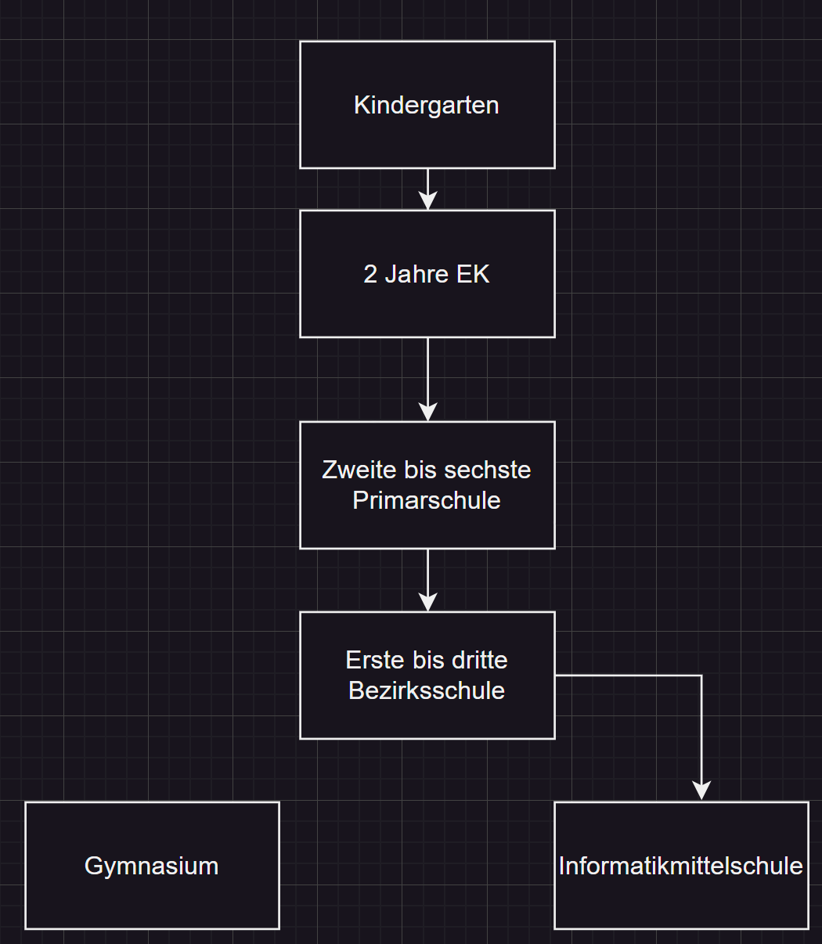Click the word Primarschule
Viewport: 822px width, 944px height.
(x=427, y=500)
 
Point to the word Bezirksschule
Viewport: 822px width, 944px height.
(x=427, y=690)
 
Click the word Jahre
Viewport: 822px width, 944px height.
(x=416, y=274)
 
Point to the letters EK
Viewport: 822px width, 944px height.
(x=473, y=274)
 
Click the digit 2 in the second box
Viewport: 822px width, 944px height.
(x=370, y=274)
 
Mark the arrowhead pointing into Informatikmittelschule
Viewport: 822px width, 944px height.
(x=701, y=791)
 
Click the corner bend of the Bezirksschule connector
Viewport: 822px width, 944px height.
(x=701, y=676)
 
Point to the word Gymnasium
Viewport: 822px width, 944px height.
(x=152, y=866)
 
